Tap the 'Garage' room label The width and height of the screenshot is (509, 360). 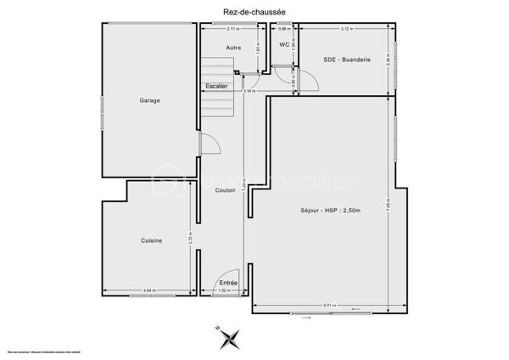coord(150,100)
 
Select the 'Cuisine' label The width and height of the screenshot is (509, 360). coord(151,241)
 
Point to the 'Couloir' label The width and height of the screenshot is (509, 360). coord(225,190)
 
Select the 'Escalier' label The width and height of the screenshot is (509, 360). coord(215,86)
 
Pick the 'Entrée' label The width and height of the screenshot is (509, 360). coord(228,282)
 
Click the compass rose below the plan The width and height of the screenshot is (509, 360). coord(228,338)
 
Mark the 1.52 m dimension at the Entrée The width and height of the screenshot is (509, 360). coord(223,291)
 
